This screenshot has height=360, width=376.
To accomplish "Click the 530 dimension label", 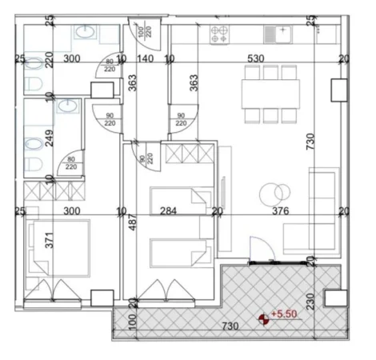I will point(255,59).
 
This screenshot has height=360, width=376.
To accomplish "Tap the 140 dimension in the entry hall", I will point(145,59).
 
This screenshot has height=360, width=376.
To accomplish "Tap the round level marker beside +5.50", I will point(265,319).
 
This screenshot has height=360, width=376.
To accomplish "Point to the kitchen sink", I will point(276,34).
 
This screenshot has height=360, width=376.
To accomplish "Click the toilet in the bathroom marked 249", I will point(33,145).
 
